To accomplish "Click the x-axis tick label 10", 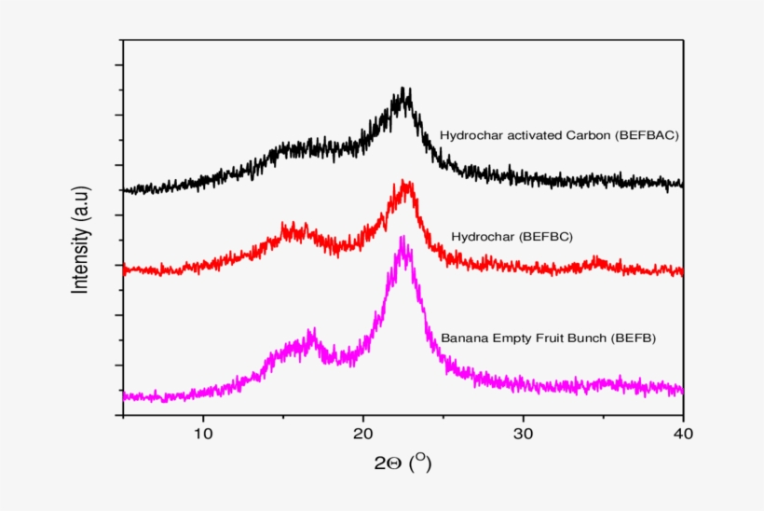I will tap(203, 433).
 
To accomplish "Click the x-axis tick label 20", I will tap(363, 433).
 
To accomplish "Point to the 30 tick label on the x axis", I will tap(523, 433).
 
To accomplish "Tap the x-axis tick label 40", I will tap(683, 433).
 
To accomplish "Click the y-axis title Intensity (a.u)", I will tap(81, 240).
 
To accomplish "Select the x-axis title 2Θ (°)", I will tap(402, 463).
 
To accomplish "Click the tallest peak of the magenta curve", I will tap(402, 239).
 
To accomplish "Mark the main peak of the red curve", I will tap(404, 183).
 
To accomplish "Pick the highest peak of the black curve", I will tap(403, 90).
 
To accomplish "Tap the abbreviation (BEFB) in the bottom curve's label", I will tap(634, 338).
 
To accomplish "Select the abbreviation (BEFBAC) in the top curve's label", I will tap(647, 134).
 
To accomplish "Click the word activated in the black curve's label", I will tap(530, 134).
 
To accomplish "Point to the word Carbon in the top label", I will tap(588, 134).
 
